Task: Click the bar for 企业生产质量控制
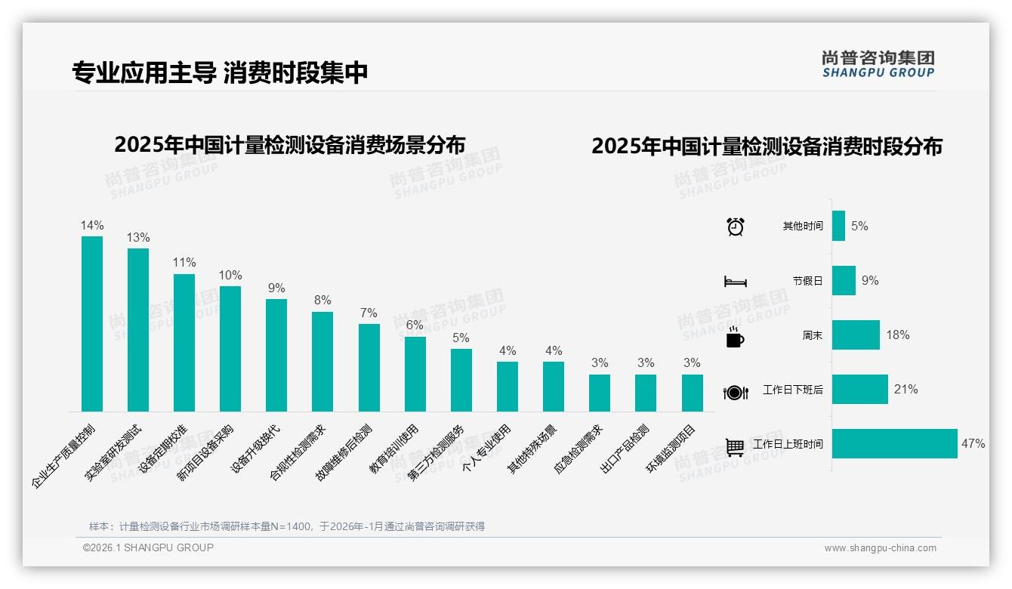tap(92, 324)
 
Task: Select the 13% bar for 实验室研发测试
tap(138, 330)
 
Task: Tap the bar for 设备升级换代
tap(276, 355)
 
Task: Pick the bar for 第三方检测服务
tap(461, 380)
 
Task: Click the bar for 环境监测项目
tap(692, 393)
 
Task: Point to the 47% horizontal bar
tap(894, 444)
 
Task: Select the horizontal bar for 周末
tap(856, 335)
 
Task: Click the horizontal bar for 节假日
tap(844, 281)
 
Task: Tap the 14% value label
tap(92, 226)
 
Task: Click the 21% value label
tap(906, 390)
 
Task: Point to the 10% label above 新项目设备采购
tap(230, 276)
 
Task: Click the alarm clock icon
tap(735, 227)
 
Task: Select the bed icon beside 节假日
tap(735, 282)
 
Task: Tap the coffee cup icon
tap(735, 337)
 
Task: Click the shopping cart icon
tap(735, 446)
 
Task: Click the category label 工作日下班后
tap(792, 390)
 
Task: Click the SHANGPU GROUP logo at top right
tap(878, 64)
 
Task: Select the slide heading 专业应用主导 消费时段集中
tap(220, 72)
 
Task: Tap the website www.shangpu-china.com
tap(880, 548)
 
